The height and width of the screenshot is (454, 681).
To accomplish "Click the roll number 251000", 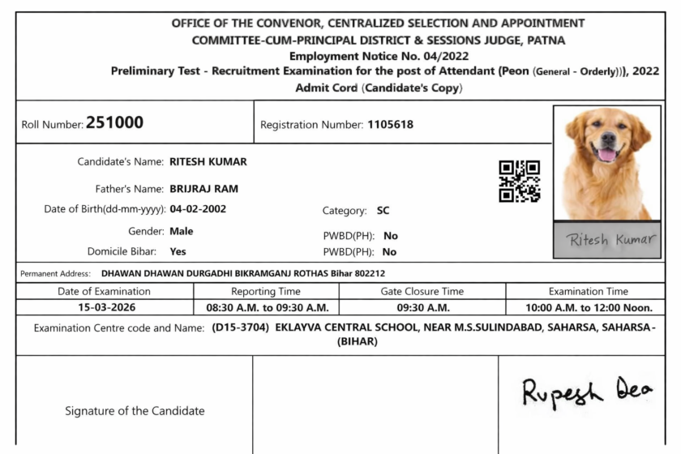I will pos(114,123).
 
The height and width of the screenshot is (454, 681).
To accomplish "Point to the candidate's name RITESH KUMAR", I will pos(208,161).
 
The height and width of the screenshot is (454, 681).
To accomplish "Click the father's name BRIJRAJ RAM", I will pos(203,189).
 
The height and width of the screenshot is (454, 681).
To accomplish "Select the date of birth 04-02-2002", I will pos(198,209).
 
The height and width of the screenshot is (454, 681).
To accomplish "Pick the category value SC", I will pos(383,211).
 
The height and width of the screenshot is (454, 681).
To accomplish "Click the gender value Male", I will pos(181,231).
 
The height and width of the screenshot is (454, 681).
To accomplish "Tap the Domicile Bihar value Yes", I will pos(178,251).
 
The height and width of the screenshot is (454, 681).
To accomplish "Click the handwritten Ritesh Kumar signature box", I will pos(606,241).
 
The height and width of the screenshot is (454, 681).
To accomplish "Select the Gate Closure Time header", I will pos(422,291).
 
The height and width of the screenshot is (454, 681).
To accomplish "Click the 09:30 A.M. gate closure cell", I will pos(422,308).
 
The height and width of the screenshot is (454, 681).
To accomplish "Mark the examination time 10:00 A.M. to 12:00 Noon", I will pos(589,308).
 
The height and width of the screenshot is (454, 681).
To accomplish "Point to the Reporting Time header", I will pos(266,291).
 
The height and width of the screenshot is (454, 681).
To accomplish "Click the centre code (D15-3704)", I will pos(240,328).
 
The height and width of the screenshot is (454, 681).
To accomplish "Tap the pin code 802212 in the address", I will pos(369,274).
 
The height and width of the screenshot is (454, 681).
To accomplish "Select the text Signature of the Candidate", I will pos(135,411).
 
